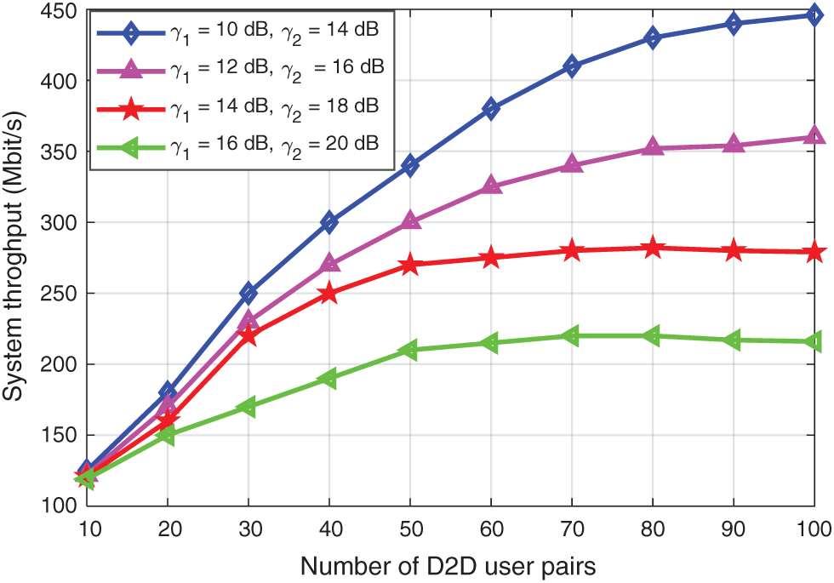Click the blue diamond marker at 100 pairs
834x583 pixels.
click(814, 14)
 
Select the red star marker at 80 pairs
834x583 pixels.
click(653, 248)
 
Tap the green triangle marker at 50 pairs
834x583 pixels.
click(409, 350)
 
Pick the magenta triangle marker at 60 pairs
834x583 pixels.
click(491, 186)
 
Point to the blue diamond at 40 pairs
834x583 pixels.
click(329, 222)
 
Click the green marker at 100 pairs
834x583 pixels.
click(814, 341)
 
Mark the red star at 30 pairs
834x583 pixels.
click(248, 336)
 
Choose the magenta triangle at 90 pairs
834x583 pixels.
click(734, 146)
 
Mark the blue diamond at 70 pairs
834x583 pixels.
click(572, 66)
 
